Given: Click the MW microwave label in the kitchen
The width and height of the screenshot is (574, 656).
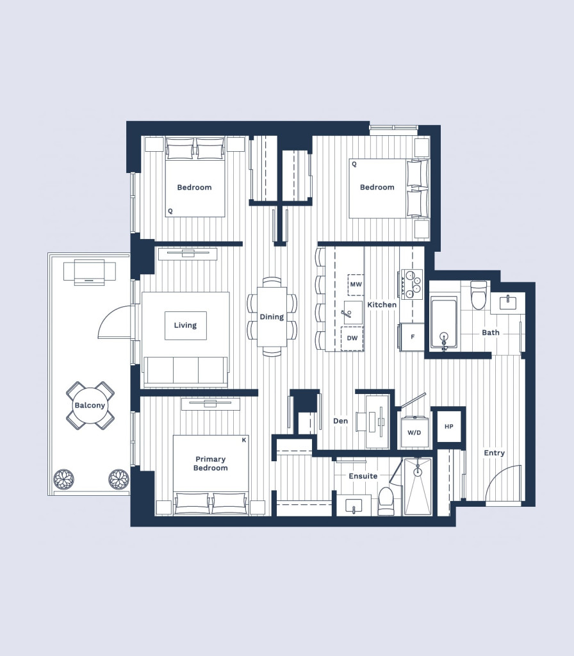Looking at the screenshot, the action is click(x=356, y=284).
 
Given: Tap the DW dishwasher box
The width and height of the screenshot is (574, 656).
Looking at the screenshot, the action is click(x=352, y=338).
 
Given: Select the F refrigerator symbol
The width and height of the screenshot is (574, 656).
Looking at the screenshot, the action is click(x=412, y=337).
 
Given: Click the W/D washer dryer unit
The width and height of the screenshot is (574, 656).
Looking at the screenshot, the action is click(x=414, y=432).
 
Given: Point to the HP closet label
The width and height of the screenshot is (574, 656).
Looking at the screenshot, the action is click(x=449, y=427).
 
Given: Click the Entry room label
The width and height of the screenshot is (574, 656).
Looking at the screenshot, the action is click(x=494, y=453).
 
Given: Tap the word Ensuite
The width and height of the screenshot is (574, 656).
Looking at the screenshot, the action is click(x=363, y=476).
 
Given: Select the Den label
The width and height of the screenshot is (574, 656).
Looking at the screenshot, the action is click(x=341, y=421).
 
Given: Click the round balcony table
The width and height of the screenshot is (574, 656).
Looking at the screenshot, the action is click(x=90, y=406).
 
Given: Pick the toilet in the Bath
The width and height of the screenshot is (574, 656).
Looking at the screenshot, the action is click(x=479, y=295).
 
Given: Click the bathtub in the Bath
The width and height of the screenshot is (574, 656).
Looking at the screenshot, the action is click(x=444, y=323).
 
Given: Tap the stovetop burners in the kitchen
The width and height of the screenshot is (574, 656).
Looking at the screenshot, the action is click(x=412, y=284).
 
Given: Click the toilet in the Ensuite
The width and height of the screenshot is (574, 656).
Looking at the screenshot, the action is click(x=385, y=501).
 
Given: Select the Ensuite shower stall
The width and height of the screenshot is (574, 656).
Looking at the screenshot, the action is click(x=418, y=487).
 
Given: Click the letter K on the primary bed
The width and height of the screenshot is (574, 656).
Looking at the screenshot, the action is click(x=244, y=440).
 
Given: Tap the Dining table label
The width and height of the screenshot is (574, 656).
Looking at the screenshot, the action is click(x=272, y=316).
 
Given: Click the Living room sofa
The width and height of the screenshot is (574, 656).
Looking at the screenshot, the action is click(x=186, y=371).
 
